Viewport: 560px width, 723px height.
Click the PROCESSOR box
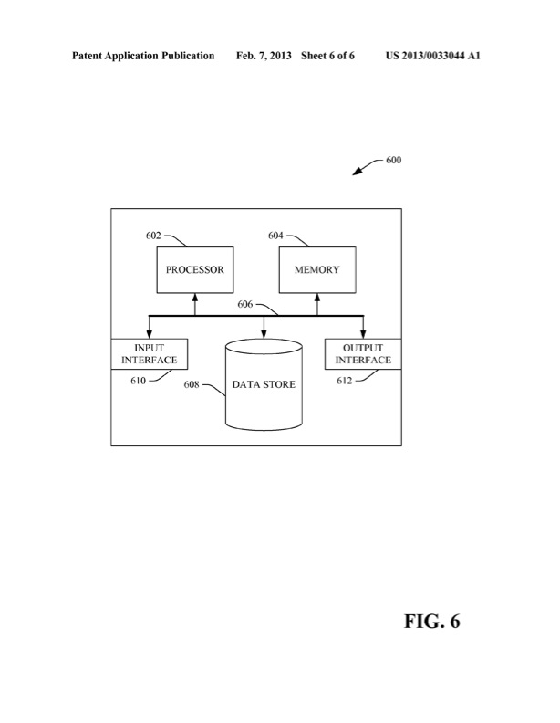click(x=194, y=270)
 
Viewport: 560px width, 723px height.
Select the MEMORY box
click(x=316, y=270)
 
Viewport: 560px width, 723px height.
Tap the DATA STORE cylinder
click(x=264, y=384)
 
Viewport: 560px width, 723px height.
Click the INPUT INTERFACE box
click(x=150, y=354)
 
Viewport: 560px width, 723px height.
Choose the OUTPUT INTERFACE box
click(x=362, y=354)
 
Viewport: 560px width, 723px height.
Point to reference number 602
click(x=153, y=236)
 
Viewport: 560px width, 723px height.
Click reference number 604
click(x=275, y=236)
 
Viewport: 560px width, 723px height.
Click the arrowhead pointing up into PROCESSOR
click(x=194, y=298)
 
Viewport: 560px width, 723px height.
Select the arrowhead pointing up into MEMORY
click(x=316, y=298)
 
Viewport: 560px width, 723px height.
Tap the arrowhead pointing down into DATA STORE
click(x=264, y=334)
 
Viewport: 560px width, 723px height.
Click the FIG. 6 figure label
click(x=432, y=622)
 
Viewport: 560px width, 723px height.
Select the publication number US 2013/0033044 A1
click(x=434, y=56)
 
